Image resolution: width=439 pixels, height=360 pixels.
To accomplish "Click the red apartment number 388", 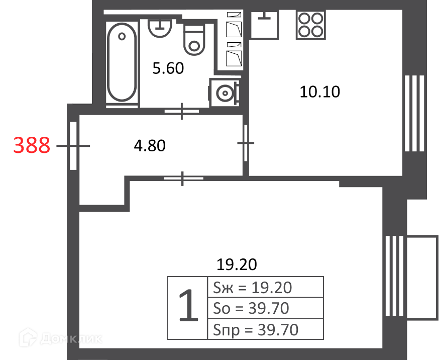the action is tap(32, 145).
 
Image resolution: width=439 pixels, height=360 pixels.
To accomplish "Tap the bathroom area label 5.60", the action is tap(168, 68).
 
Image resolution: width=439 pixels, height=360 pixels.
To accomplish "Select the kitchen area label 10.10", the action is tap(320, 92).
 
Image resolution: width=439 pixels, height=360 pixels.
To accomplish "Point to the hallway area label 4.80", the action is tap(150, 146).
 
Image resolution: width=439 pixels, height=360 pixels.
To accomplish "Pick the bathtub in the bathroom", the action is tap(122, 62).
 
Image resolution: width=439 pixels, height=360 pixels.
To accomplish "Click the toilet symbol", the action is tap(194, 40).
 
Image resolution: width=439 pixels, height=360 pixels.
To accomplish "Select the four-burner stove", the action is tap(311, 25).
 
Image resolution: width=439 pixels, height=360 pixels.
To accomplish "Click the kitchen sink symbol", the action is tap(264, 25).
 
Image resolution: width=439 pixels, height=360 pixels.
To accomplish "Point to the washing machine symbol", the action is tap(224, 93).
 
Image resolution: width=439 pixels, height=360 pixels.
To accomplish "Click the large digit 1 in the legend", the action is tap(188, 305).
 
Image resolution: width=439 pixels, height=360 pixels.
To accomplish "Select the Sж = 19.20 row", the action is tap(265, 288).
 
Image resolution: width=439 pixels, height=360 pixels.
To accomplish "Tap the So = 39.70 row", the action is tap(265, 308).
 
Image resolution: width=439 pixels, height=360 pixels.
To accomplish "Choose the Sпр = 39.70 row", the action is tap(265, 329).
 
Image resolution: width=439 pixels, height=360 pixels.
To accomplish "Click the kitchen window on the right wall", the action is tap(414, 113).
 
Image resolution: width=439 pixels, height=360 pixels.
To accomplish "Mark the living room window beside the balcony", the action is tap(395, 276).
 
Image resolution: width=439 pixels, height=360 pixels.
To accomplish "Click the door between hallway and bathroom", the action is tap(182, 111).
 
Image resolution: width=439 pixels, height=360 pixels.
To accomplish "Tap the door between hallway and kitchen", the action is tap(246, 143).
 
